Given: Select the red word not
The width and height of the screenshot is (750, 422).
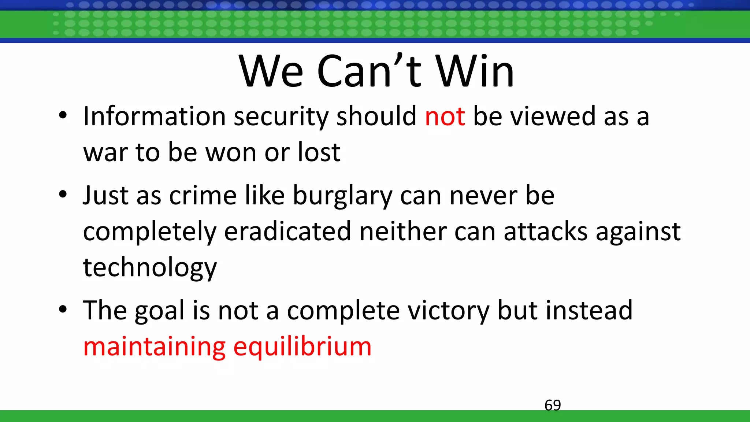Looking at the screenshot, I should pyautogui.click(x=445, y=116).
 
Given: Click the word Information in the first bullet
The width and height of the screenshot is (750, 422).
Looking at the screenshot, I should pyautogui.click(x=154, y=116).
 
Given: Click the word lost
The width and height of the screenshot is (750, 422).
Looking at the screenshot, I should pyautogui.click(x=319, y=152).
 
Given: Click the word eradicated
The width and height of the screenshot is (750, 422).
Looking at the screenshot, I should pyautogui.click(x=287, y=232).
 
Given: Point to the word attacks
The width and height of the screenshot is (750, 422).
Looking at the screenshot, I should pyautogui.click(x=546, y=232).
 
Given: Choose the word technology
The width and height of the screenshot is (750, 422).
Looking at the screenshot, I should pyautogui.click(x=150, y=267).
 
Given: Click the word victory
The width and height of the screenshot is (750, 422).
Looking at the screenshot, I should pyautogui.click(x=448, y=311).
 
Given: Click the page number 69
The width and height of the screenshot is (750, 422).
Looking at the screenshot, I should pyautogui.click(x=553, y=405).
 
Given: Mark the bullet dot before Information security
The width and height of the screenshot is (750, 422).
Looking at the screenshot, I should pyautogui.click(x=63, y=115).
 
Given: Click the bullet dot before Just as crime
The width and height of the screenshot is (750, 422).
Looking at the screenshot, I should pyautogui.click(x=63, y=195).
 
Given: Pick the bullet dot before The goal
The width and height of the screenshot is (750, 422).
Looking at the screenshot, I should pyautogui.click(x=63, y=310).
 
